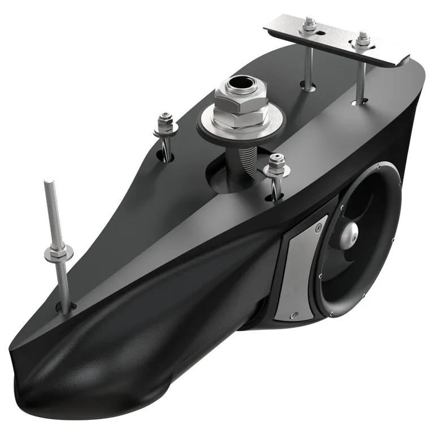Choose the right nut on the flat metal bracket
click(361, 40)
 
